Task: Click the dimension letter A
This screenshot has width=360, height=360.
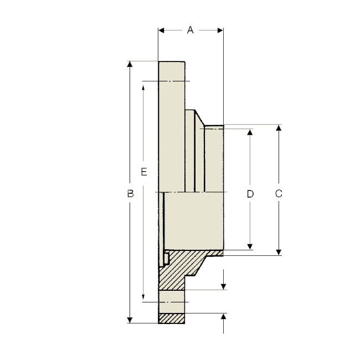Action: click(190, 30)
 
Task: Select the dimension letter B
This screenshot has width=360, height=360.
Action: click(130, 193)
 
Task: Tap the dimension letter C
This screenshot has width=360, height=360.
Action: click(279, 193)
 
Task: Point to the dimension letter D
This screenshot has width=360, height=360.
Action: click(250, 193)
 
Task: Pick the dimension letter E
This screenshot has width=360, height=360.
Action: click(143, 172)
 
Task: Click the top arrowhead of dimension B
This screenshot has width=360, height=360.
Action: click(130, 65)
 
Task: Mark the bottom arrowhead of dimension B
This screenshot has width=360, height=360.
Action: click(130, 319)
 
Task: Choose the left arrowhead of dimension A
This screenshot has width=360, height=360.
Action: click(162, 30)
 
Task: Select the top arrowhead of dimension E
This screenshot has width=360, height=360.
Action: click(143, 85)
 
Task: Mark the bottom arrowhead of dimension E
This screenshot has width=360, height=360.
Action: click(143, 298)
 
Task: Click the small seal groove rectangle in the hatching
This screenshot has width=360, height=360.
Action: click(166, 258)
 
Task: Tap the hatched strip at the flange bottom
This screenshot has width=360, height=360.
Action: click(172, 318)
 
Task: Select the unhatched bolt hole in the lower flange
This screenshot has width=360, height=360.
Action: click(172, 302)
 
